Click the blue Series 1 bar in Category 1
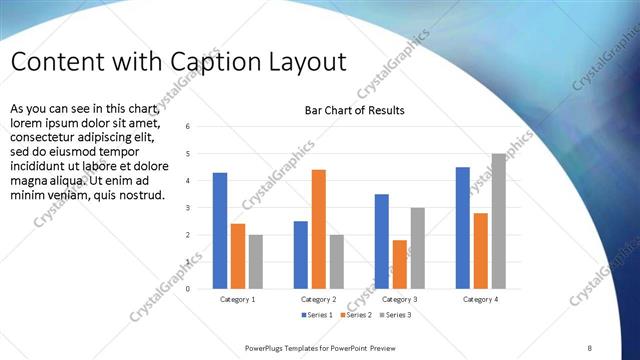pyautogui.click(x=220, y=231)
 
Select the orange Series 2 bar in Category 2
pyautogui.click(x=318, y=229)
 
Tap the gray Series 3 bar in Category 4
pyautogui.click(x=498, y=221)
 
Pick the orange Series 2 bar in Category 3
pyautogui.click(x=400, y=264)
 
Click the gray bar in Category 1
pyautogui.click(x=256, y=262)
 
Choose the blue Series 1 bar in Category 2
pyautogui.click(x=301, y=255)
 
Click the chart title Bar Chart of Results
pyautogui.click(x=355, y=110)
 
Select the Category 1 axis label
pyautogui.click(x=237, y=299)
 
